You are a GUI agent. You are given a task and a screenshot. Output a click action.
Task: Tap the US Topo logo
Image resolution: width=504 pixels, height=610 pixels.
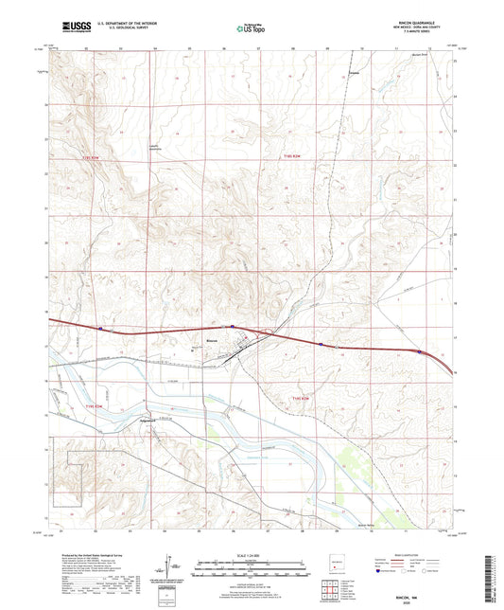[x=250, y=28]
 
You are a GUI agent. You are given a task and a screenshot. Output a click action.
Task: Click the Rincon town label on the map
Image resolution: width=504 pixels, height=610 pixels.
[x=212, y=335]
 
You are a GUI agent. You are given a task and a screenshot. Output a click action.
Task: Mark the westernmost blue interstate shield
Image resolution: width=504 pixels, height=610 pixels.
[x=99, y=328]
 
